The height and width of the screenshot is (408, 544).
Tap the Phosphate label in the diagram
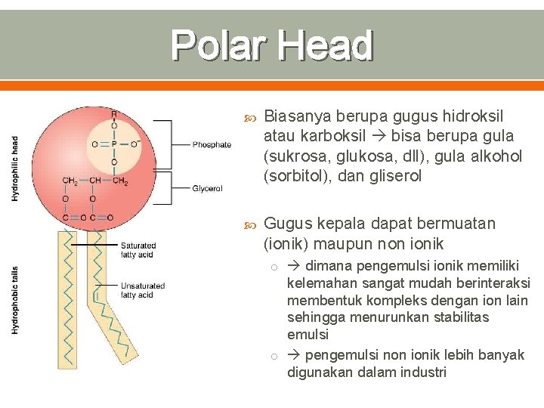pyautogui.click(x=212, y=144)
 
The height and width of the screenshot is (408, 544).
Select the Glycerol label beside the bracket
pyautogui.click(x=207, y=188)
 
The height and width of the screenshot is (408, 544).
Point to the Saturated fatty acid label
pyautogui.click(x=138, y=250)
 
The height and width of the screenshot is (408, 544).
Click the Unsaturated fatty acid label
pyautogui.click(x=142, y=290)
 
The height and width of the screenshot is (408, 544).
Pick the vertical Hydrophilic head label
pyautogui.click(x=15, y=168)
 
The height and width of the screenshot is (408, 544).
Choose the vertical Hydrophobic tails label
pyautogui.click(x=15, y=300)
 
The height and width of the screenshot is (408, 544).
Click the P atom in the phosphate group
pyautogui.click(x=114, y=144)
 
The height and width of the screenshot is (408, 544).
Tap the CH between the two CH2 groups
pyautogui.click(x=95, y=181)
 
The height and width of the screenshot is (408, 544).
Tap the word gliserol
pyautogui.click(x=394, y=176)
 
